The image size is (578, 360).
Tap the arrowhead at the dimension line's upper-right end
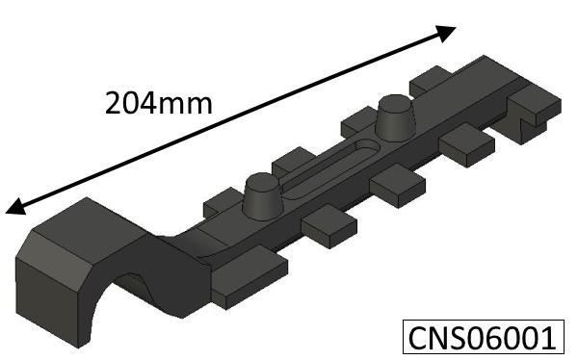(x=444, y=34)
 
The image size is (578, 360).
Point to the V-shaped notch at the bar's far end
(x=526, y=122)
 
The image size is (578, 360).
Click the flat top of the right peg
(x=395, y=100)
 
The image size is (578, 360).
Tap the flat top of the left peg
(x=260, y=179)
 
